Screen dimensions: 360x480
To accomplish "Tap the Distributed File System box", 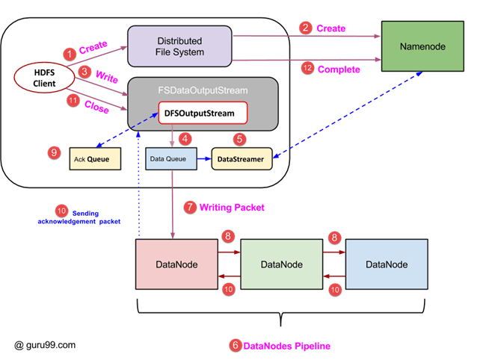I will click(x=179, y=46).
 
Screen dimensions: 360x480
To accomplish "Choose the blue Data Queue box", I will click(x=171, y=159).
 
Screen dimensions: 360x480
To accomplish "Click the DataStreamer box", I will click(x=240, y=159).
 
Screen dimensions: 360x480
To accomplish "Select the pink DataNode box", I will click(x=176, y=265).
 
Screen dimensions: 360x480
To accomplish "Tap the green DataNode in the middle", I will click(x=281, y=265).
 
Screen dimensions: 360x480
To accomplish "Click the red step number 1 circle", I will click(x=69, y=54).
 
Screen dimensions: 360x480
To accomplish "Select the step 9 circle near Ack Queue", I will click(x=52, y=152).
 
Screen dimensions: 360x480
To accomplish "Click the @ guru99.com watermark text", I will click(x=45, y=345).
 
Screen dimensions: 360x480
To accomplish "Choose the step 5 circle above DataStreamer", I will click(x=239, y=138).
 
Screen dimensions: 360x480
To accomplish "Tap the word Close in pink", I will click(x=97, y=109).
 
